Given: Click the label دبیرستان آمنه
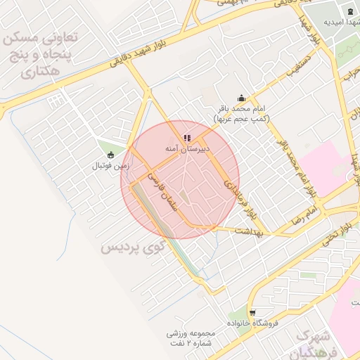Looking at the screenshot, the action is click(186, 149).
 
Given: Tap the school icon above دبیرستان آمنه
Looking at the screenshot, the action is click(186, 139).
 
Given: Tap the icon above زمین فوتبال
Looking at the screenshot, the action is click(110, 155).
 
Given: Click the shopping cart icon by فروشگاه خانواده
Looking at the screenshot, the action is click(252, 312).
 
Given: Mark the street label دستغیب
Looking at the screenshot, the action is click(299, 68).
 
